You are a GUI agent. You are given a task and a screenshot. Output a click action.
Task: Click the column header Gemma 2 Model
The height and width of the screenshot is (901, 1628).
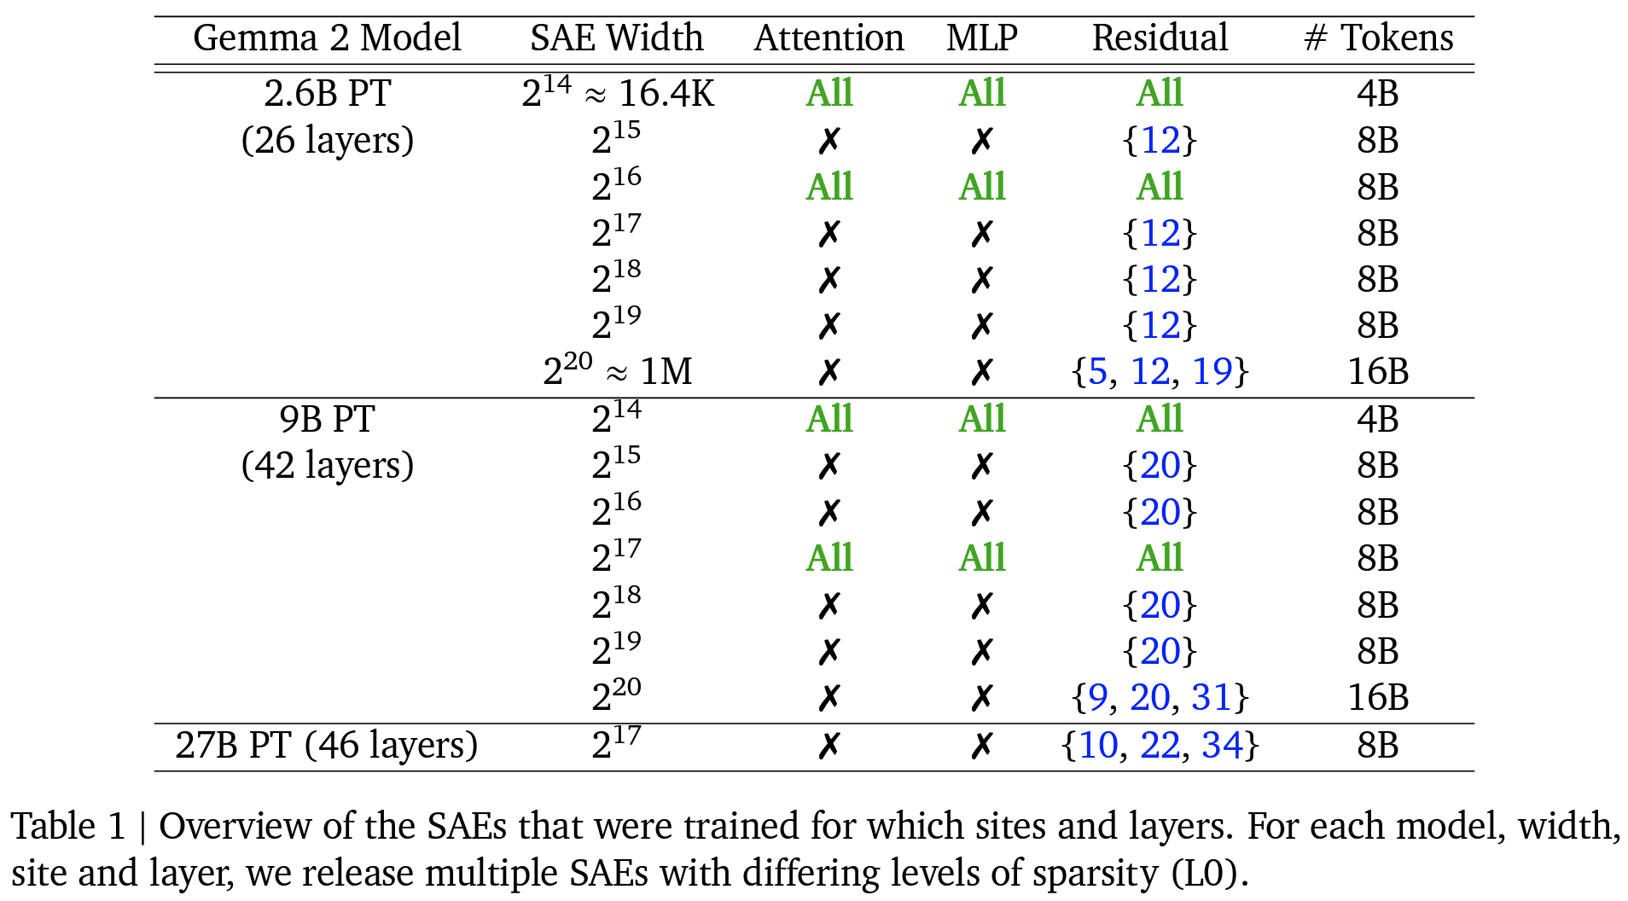tap(327, 38)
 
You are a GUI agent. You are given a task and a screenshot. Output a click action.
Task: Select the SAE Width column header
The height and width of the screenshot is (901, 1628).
tap(617, 38)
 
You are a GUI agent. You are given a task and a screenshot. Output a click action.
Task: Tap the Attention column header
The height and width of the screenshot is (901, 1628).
tap(829, 38)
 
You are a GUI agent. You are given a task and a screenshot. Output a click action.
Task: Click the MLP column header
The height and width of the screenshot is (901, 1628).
tap(982, 38)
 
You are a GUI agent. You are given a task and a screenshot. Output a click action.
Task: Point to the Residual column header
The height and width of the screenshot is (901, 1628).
tap(1160, 38)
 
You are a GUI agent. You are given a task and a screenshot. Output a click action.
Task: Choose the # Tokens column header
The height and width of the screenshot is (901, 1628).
tap(1379, 38)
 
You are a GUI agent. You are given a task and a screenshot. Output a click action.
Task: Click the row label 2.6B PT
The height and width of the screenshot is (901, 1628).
tap(328, 94)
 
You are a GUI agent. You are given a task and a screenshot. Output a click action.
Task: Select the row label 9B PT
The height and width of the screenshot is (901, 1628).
tap(328, 419)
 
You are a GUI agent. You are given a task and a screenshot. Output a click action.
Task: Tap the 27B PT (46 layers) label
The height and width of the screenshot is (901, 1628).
tap(327, 746)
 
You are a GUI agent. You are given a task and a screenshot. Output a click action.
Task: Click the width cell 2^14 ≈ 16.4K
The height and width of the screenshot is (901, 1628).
tap(618, 92)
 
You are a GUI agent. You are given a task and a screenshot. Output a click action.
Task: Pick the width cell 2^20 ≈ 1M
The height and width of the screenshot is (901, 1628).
tap(618, 369)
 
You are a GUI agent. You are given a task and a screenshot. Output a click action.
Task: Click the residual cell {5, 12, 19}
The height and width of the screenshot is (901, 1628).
tap(1160, 372)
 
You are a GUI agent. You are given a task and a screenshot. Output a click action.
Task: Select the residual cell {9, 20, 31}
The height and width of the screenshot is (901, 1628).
tap(1160, 698)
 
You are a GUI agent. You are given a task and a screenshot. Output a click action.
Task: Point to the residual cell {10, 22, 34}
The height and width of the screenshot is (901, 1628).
tap(1160, 746)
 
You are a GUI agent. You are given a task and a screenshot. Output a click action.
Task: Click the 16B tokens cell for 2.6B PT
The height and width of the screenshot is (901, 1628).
tap(1379, 372)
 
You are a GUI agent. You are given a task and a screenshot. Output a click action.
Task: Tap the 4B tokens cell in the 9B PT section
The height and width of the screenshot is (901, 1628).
tap(1379, 419)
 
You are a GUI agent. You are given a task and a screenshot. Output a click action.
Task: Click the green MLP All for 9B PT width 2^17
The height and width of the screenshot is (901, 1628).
tap(982, 559)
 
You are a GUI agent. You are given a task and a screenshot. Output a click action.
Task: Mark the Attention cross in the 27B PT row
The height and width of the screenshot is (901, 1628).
tap(829, 747)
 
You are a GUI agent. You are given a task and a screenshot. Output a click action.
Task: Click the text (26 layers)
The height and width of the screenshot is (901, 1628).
tap(328, 141)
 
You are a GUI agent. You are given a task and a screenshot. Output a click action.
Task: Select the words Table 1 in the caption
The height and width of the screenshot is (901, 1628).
tap(68, 827)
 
